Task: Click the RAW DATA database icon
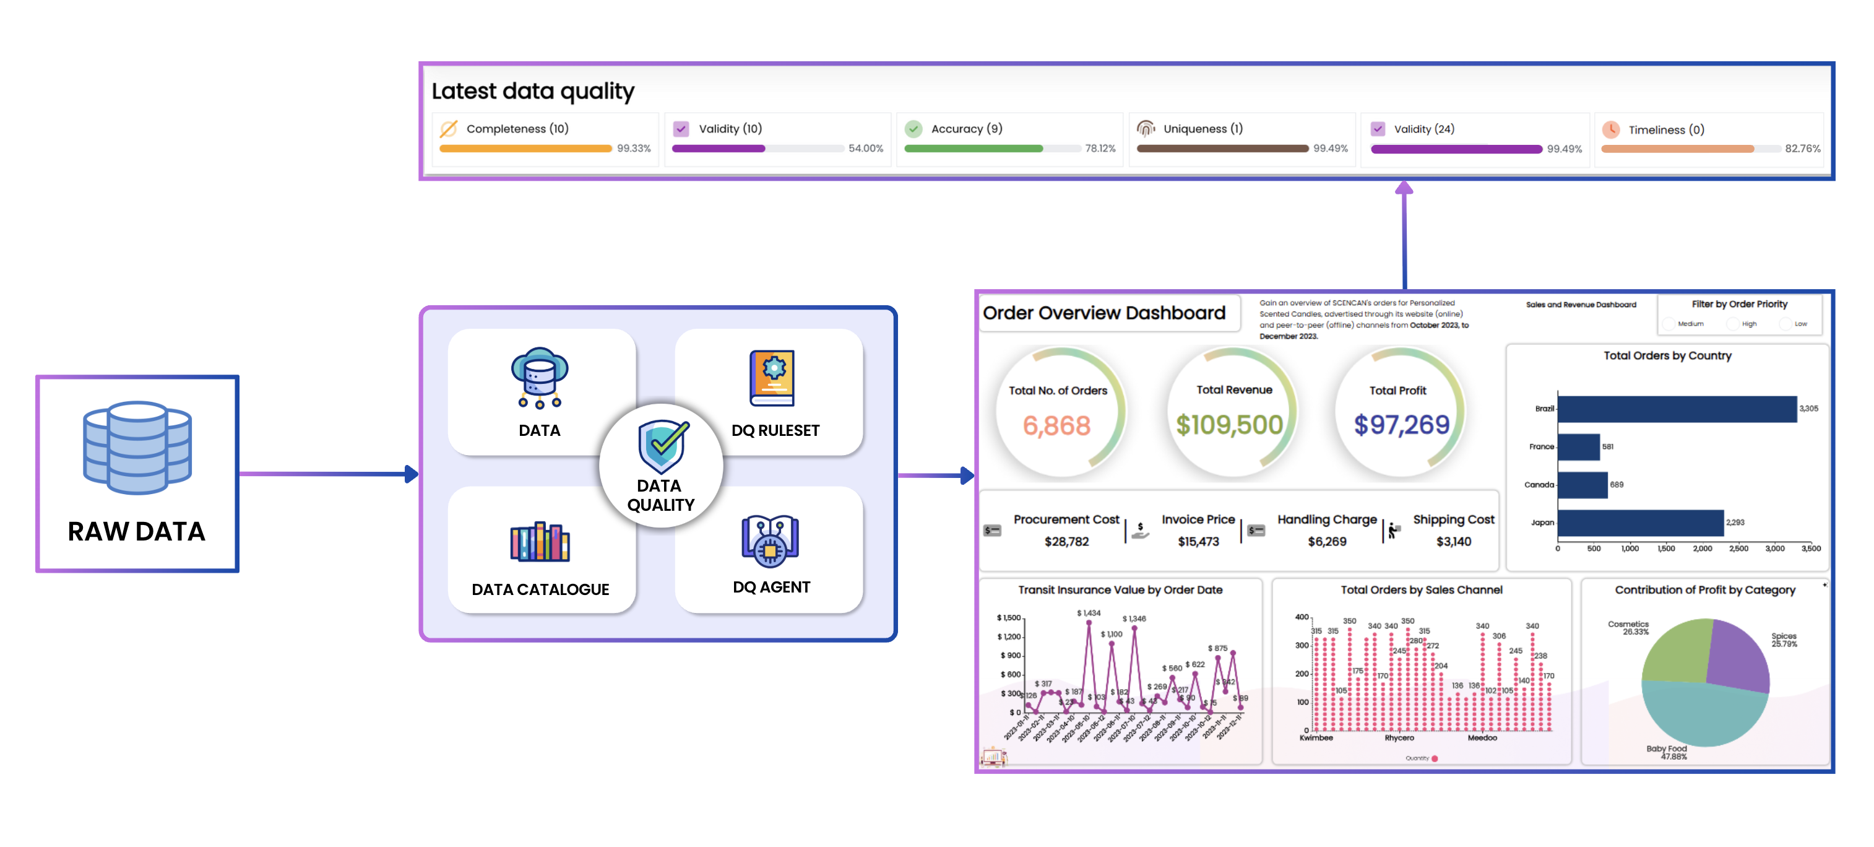[137, 447]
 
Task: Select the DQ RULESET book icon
[772, 378]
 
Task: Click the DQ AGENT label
[771, 587]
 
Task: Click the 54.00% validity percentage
[865, 149]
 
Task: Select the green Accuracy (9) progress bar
[973, 149]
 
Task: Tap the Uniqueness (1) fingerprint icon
[1145, 129]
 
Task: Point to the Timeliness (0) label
[1665, 129]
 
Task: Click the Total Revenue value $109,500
[1230, 425]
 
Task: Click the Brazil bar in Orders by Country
[1676, 409]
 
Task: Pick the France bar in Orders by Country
[1578, 447]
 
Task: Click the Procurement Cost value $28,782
[1066, 541]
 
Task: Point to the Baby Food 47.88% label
[1667, 752]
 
